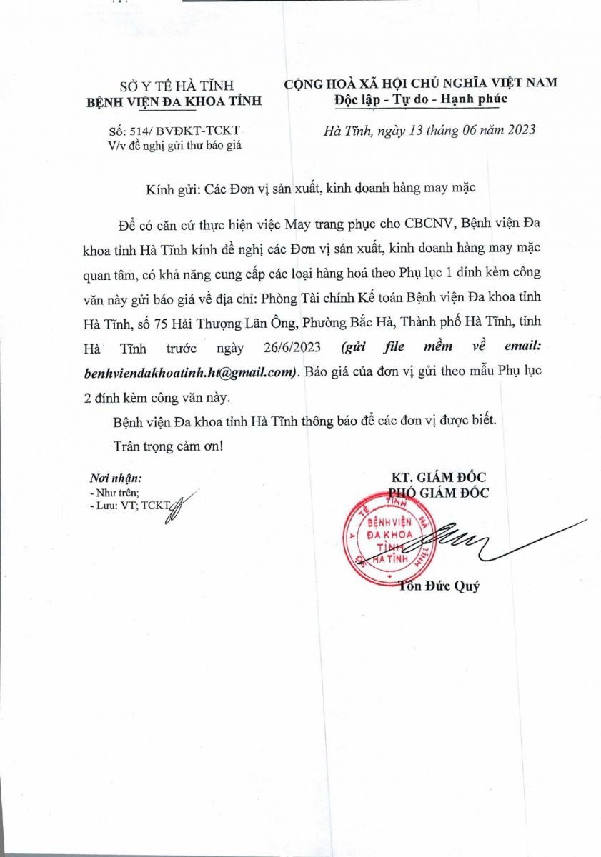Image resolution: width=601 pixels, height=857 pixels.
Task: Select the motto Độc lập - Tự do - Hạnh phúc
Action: point(421,99)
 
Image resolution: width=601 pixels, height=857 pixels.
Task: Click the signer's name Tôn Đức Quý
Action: point(439,587)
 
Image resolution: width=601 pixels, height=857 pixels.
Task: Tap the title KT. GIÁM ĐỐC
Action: point(438,477)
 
